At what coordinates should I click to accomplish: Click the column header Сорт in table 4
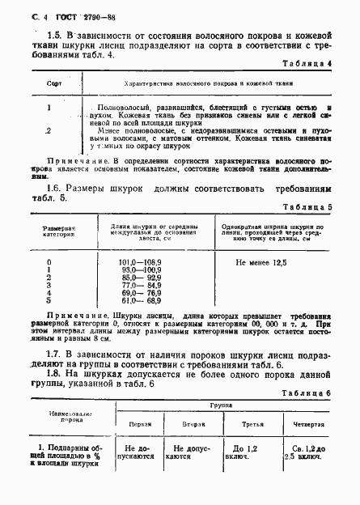click(55, 83)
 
